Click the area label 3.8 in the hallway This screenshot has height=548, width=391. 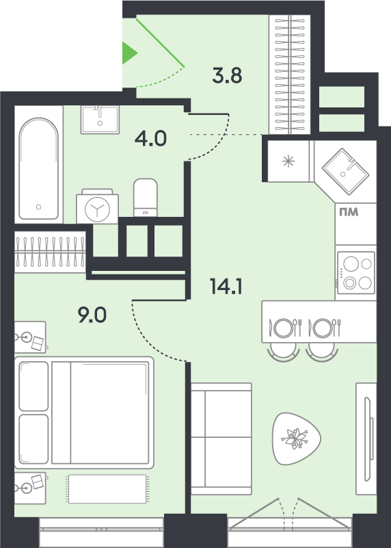point(227,75)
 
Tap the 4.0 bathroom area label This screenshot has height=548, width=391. point(150,139)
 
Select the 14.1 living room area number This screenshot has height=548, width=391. point(226,286)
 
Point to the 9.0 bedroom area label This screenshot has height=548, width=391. point(92,315)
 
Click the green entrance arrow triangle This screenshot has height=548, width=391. point(129,53)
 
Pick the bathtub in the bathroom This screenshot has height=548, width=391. point(39,169)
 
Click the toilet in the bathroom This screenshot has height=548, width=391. point(145,198)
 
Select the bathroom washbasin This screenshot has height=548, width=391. point(100,120)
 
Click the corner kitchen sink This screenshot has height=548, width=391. point(345,172)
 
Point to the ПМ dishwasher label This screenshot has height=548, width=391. point(349,212)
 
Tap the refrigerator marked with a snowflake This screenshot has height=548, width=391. point(288,161)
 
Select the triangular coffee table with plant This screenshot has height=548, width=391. point(295,439)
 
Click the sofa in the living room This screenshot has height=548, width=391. point(221,439)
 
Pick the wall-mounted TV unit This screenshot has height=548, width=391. point(366,439)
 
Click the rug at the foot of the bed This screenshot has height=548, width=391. point(107,488)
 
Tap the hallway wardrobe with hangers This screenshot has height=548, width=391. point(290,75)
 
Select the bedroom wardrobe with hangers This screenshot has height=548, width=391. point(50,252)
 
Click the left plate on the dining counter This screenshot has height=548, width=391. point(283,328)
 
